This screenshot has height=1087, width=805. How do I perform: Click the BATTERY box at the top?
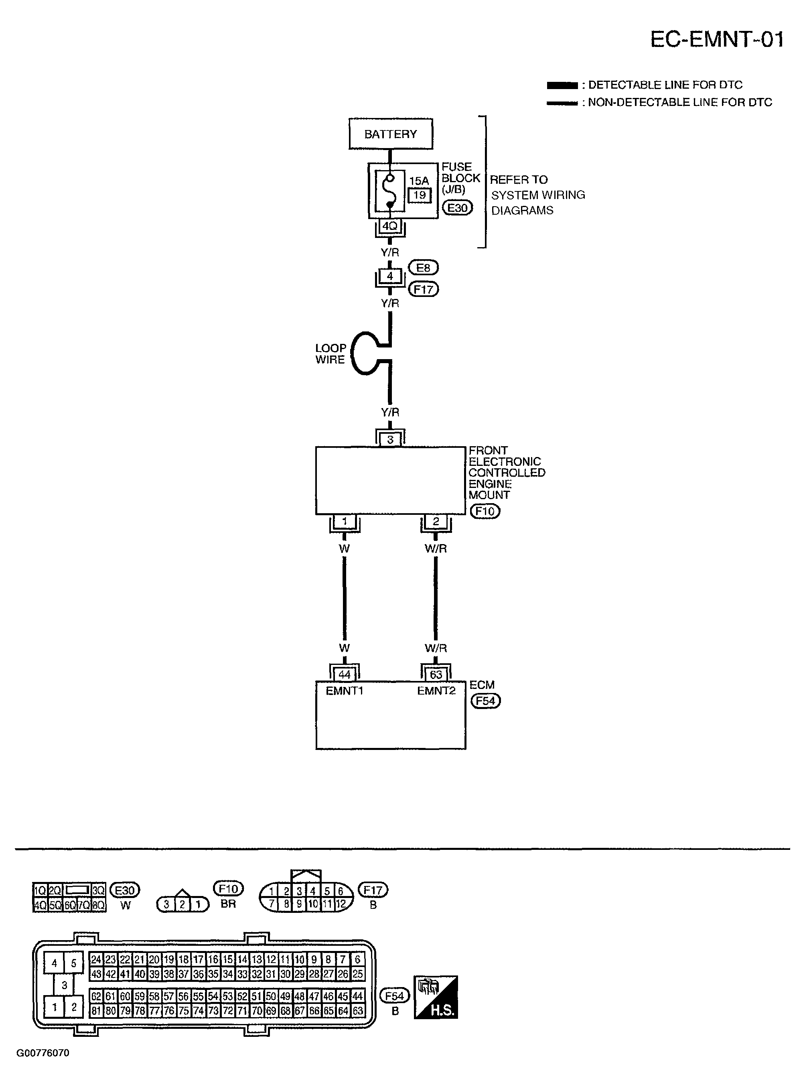click(x=390, y=134)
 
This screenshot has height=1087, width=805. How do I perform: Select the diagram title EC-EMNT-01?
click(x=717, y=39)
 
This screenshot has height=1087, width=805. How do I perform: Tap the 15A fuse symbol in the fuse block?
click(x=390, y=191)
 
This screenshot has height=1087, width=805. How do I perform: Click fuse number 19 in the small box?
click(x=419, y=195)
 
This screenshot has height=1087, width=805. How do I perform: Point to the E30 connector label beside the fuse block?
click(x=457, y=208)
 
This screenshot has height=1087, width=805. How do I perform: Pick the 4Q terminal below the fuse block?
click(x=390, y=226)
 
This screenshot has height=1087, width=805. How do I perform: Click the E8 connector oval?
click(x=423, y=268)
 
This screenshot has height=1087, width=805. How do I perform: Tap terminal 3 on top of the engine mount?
click(x=390, y=439)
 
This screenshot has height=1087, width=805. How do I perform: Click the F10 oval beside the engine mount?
click(x=485, y=511)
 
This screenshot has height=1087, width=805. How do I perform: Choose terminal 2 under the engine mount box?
click(x=436, y=522)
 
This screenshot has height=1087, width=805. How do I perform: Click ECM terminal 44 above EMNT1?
click(x=345, y=675)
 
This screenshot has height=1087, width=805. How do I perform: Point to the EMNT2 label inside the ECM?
click(x=436, y=691)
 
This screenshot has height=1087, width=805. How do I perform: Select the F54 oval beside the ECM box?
click(x=485, y=701)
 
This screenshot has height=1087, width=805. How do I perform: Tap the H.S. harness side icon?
click(x=436, y=997)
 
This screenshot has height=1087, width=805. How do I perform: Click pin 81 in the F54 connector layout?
click(x=96, y=1010)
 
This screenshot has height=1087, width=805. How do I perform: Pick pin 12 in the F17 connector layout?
click(x=341, y=904)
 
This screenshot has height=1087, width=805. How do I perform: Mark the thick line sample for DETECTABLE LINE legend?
click(x=562, y=85)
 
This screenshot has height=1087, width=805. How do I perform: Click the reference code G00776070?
click(x=43, y=1053)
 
